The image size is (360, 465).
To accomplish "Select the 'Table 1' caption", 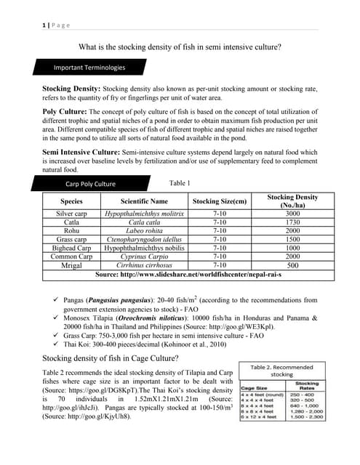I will (x=180, y=183).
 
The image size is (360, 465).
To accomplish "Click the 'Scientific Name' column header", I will (x=144, y=201).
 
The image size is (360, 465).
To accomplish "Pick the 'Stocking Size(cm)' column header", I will (x=220, y=201).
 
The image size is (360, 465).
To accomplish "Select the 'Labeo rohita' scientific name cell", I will (x=144, y=231).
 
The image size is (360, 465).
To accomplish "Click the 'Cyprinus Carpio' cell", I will (x=144, y=256).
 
